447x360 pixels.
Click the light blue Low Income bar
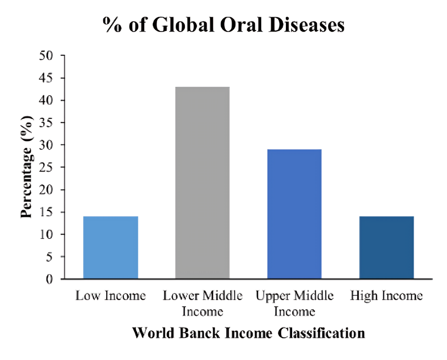110,247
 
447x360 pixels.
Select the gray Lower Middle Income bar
202,183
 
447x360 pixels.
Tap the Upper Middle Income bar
294,214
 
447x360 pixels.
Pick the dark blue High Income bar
386,247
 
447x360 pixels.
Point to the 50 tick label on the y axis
47,56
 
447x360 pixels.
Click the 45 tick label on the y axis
47,78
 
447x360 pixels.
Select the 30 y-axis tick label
47,145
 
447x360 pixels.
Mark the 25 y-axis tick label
47,167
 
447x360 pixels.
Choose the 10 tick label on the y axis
47,234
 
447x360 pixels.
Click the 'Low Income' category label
110,296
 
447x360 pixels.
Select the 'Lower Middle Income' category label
202,303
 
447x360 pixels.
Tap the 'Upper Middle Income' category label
294,303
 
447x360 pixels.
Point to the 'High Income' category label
386,296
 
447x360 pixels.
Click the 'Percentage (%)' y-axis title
27,167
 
